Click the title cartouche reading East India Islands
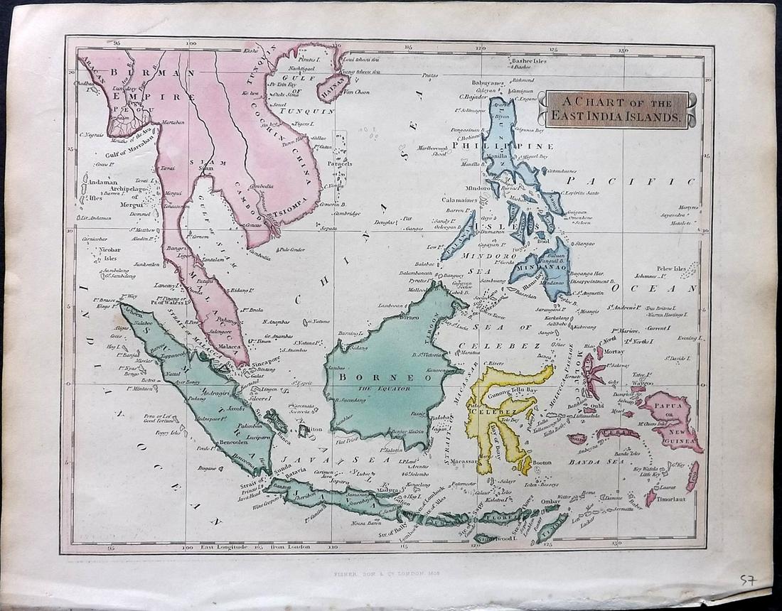612,109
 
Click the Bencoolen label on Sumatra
234,442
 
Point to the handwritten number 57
746,582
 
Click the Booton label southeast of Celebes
542,463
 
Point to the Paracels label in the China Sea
339,163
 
